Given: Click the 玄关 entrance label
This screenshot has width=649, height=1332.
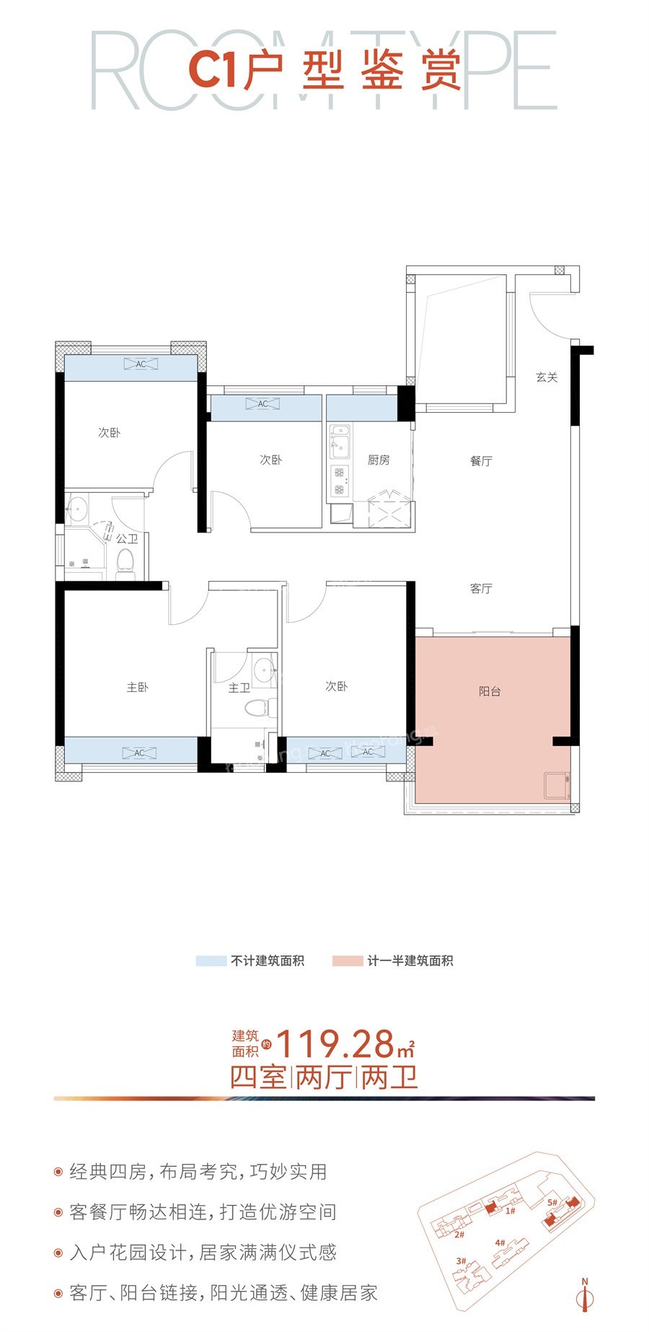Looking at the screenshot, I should coord(547,377).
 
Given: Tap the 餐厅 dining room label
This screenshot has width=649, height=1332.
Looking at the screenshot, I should coord(481,460).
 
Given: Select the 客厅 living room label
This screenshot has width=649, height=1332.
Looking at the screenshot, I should coord(481,588).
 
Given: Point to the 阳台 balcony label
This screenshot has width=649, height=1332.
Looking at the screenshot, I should coord(490,691).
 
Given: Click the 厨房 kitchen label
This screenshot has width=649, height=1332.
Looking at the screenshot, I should coord(379,460).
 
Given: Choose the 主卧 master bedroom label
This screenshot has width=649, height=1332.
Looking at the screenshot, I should coord(137,687).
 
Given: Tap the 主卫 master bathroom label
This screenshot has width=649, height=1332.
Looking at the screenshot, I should coord(239,688).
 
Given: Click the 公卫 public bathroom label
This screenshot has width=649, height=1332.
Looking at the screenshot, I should coord(127,538).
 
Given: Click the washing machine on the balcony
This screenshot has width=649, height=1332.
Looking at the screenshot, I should coord(557,786).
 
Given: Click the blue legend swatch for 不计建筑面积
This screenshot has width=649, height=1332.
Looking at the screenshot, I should coord(211,960).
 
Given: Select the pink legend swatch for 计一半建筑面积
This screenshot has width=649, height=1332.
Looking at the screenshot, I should coord(347,960).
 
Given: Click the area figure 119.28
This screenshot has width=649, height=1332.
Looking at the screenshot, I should coord(336,1043).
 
